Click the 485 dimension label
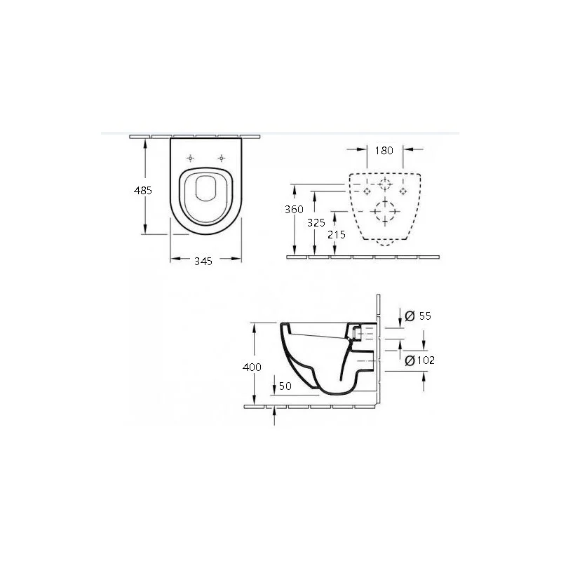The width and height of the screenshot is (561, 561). pyautogui.click(x=143, y=190)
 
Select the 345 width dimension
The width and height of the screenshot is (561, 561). pyautogui.click(x=203, y=261)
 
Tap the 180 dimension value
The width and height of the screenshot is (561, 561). pyautogui.click(x=384, y=151)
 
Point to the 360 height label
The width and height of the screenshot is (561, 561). pyautogui.click(x=294, y=209)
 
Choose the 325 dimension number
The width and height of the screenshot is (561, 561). pyautogui.click(x=316, y=223)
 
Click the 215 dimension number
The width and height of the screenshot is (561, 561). pyautogui.click(x=337, y=235)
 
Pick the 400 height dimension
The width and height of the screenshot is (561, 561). pyautogui.click(x=252, y=367)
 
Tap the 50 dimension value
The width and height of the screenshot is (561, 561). pyautogui.click(x=285, y=386)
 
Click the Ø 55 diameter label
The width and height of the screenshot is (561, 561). pyautogui.click(x=418, y=316)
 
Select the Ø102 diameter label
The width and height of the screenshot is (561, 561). pyautogui.click(x=420, y=360)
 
